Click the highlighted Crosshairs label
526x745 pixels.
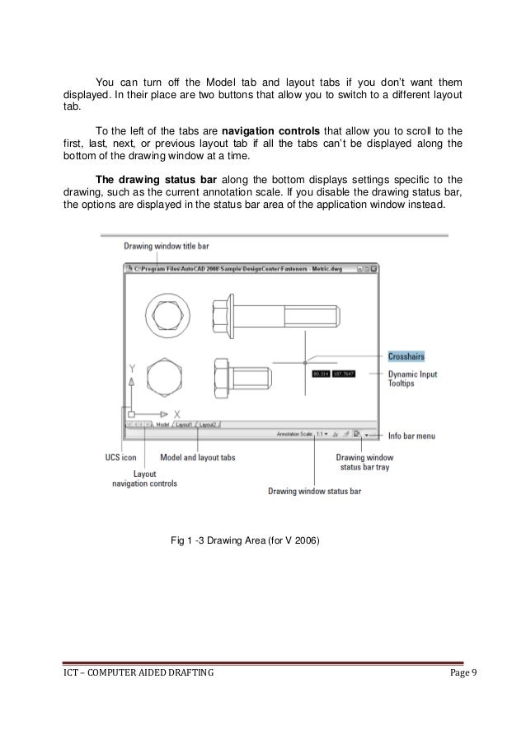coord(406,356)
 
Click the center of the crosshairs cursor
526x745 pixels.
coord(304,361)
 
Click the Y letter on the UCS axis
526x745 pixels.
coord(130,370)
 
